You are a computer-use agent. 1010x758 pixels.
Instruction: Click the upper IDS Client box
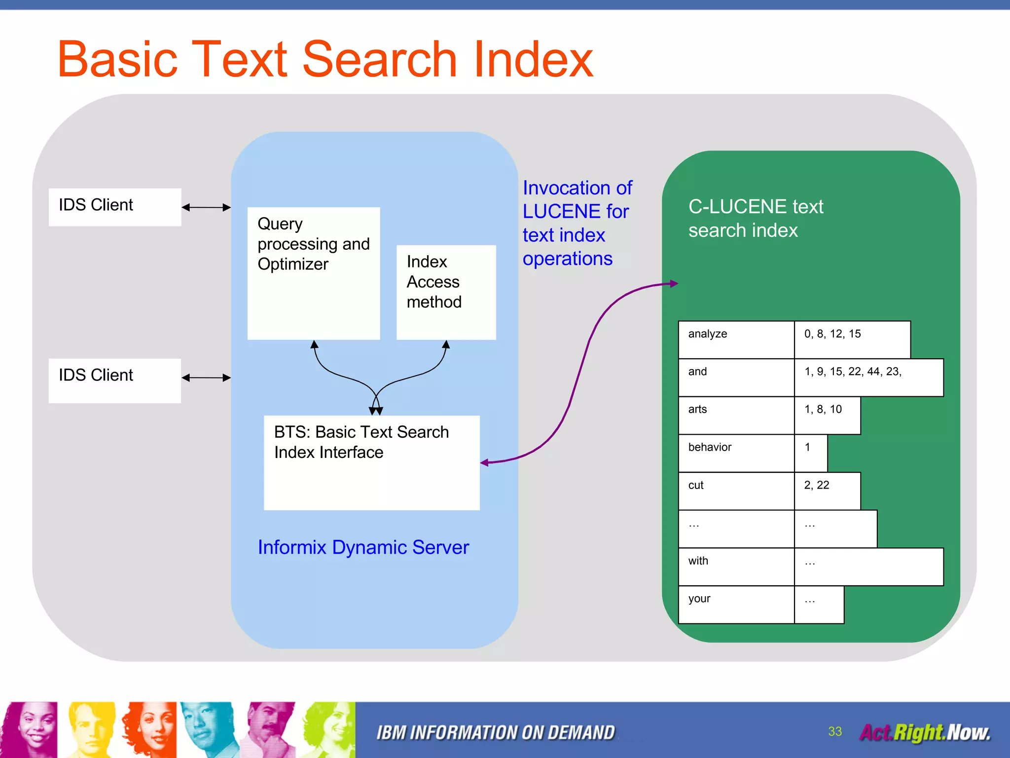[114, 207]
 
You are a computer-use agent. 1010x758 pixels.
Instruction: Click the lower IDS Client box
[114, 380]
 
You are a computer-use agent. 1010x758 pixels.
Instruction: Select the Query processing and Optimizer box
[314, 273]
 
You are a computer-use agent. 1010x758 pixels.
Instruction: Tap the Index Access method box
[446, 292]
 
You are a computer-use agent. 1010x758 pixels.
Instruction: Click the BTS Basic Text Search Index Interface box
[371, 462]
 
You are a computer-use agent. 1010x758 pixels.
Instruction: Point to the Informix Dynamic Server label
[363, 547]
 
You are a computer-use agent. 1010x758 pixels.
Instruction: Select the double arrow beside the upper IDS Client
[206, 208]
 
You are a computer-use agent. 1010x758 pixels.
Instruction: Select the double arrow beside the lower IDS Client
[206, 378]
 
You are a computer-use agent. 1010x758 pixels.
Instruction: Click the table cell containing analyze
[736, 340]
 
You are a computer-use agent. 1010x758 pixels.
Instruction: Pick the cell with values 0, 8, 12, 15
[852, 340]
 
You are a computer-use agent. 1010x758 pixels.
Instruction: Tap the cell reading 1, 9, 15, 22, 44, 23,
[868, 378]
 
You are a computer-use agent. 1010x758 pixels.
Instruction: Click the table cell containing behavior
[736, 453]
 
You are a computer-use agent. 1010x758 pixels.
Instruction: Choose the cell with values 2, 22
[827, 491]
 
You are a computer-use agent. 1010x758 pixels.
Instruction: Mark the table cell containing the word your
[736, 605]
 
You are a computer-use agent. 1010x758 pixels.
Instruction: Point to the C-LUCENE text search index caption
[755, 218]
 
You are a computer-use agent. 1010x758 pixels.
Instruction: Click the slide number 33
[835, 731]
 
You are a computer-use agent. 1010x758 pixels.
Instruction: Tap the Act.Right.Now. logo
[925, 732]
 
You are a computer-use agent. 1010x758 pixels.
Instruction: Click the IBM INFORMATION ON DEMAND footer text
[496, 732]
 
